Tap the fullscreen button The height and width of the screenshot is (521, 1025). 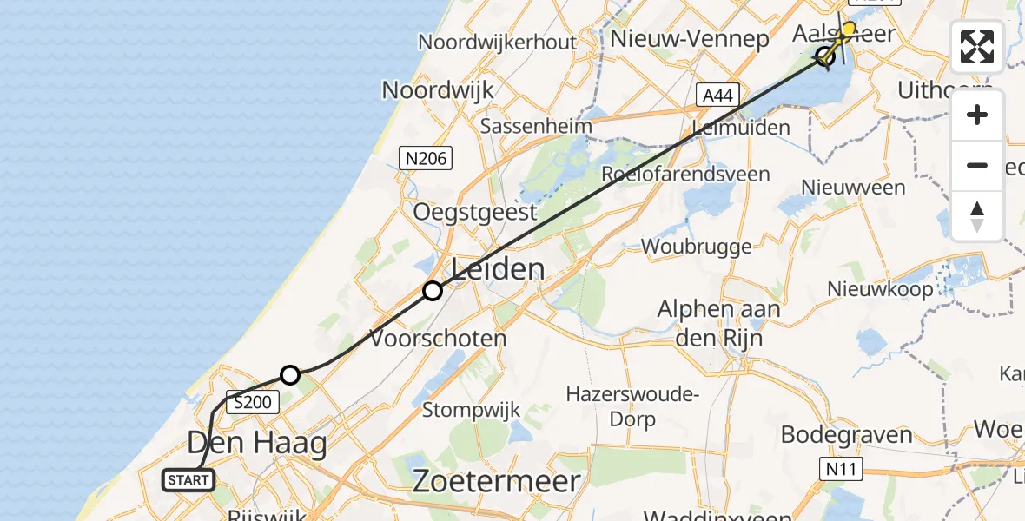click(x=977, y=47)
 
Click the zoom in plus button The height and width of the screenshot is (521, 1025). click(x=977, y=115)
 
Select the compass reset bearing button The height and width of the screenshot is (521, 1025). click(x=977, y=216)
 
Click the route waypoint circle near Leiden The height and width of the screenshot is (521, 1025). click(x=433, y=291)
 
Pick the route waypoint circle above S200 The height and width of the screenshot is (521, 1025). click(x=290, y=375)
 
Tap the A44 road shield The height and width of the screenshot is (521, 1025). click(x=717, y=96)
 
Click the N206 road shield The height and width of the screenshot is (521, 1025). click(x=425, y=158)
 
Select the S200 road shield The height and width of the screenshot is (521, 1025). click(x=254, y=402)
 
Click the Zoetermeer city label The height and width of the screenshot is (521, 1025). click(x=496, y=480)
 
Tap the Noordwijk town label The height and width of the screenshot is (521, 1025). click(x=438, y=89)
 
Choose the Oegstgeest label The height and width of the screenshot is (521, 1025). click(x=475, y=212)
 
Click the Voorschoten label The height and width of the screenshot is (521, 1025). click(x=439, y=338)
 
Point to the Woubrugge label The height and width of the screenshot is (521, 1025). click(x=697, y=247)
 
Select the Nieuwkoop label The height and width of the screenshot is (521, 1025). click(x=880, y=289)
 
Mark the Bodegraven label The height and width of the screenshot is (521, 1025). click(x=847, y=434)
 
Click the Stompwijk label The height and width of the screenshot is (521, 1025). click(x=472, y=409)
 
